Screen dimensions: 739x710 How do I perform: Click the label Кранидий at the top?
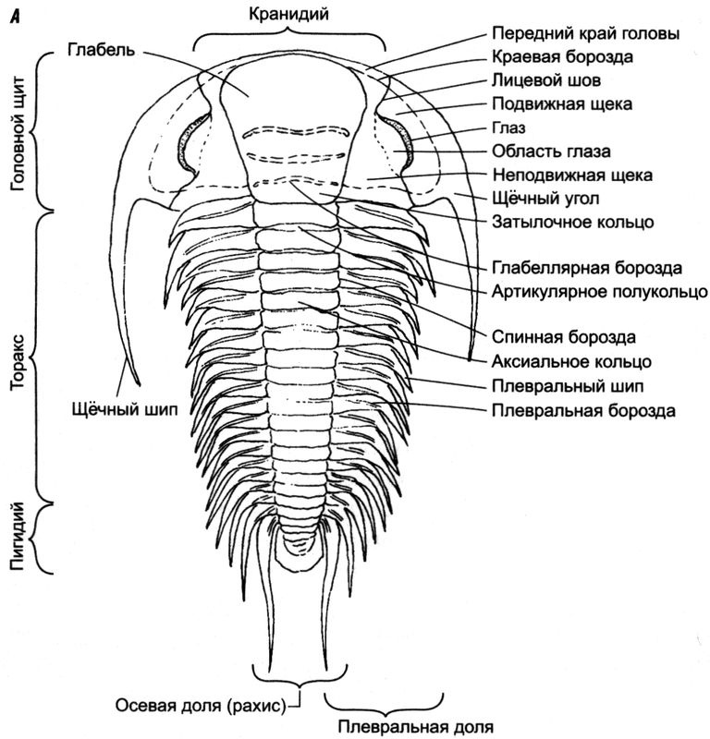[x=289, y=13]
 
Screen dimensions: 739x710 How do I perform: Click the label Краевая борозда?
[x=562, y=57]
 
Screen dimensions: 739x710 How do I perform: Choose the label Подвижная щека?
[x=562, y=104]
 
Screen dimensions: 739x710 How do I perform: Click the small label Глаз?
[x=508, y=128]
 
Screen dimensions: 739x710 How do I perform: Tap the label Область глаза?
[x=552, y=151]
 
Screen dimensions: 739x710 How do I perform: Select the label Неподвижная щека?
[x=573, y=174]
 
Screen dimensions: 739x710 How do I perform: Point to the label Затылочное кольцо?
[x=573, y=222]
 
